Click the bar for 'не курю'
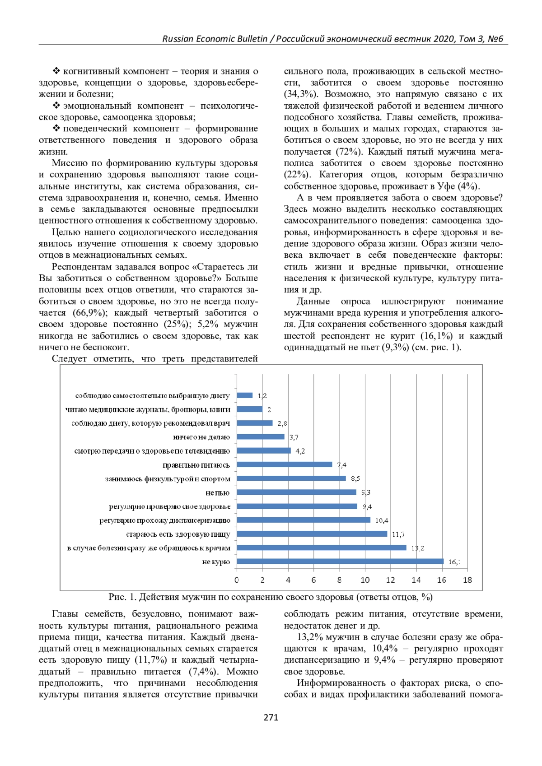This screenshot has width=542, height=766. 340,562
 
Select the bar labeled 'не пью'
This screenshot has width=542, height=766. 296,492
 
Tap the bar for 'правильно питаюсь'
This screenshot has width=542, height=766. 284,464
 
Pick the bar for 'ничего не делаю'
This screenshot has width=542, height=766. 260,437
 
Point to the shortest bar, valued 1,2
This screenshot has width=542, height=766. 244,395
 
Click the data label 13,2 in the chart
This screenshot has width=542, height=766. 417,548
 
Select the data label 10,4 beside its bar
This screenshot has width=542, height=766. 381,520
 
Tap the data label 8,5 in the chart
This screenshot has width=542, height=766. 355,478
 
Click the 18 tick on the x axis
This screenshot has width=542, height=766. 467,580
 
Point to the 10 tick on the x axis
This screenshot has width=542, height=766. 365,580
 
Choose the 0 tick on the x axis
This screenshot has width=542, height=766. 237,580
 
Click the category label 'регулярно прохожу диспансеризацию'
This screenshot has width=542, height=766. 165,520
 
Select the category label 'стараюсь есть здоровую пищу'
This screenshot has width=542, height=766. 178,534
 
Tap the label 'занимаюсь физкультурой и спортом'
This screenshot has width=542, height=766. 168,479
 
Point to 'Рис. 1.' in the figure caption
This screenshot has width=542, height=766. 122,597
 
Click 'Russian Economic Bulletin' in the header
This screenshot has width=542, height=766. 215,39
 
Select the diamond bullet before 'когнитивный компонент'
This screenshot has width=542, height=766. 56,71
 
